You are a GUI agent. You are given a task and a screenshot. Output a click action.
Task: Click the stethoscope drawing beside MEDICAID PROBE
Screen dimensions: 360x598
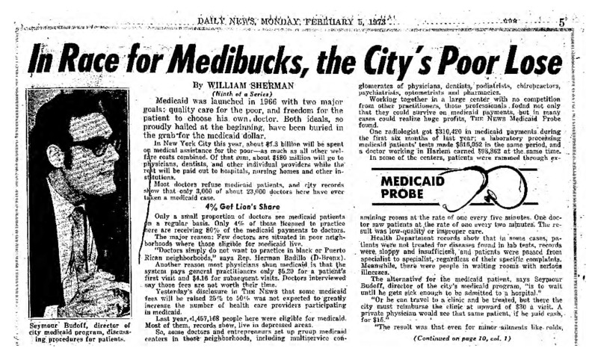point(493,187)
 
